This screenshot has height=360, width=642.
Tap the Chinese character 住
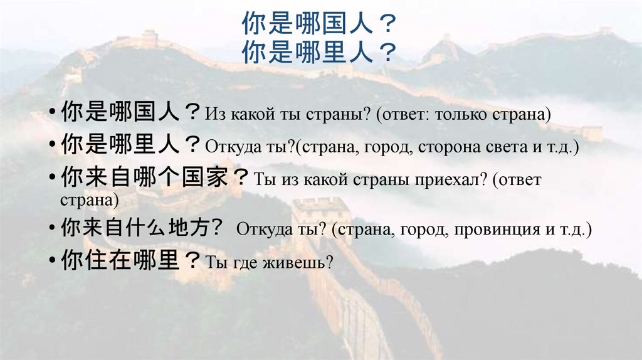point(94,260)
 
